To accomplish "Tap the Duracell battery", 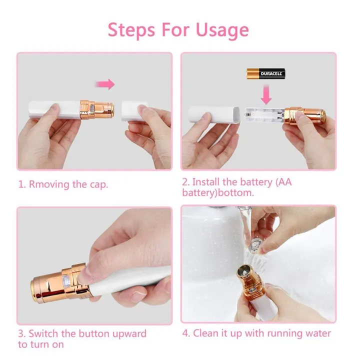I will point(265,74).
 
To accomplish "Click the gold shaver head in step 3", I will point(50,286).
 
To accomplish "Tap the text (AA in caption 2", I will point(282,181).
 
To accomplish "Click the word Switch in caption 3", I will point(43,333).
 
